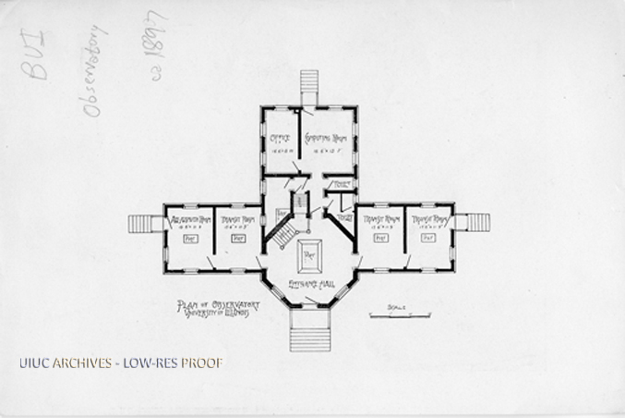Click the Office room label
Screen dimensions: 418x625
pyautogui.click(x=279, y=141)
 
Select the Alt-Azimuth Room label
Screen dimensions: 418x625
pyautogui.click(x=192, y=219)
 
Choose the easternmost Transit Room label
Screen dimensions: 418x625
pyautogui.click(x=429, y=219)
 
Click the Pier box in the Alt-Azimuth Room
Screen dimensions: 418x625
pyautogui.click(x=191, y=239)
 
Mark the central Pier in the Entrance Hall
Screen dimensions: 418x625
pyautogui.click(x=308, y=251)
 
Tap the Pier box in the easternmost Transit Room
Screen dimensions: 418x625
pyautogui.click(x=428, y=238)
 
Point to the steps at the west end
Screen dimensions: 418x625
pyautogui.click(x=144, y=224)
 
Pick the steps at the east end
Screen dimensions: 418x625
pyautogui.click(x=477, y=222)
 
